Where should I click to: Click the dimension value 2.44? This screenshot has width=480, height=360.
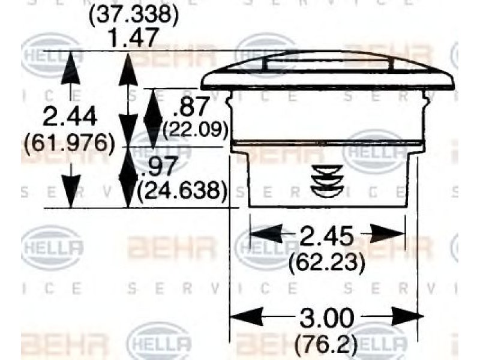coord(70,117)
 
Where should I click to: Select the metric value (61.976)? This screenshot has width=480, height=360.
coord(69,143)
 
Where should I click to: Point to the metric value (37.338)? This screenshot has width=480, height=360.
coord(133,14)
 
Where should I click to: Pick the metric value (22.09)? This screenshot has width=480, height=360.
coord(196,130)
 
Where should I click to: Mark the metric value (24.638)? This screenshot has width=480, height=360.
coord(182,190)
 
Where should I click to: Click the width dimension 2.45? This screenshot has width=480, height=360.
coord(326,236)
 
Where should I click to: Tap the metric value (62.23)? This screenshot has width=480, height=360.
coord(327,262)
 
